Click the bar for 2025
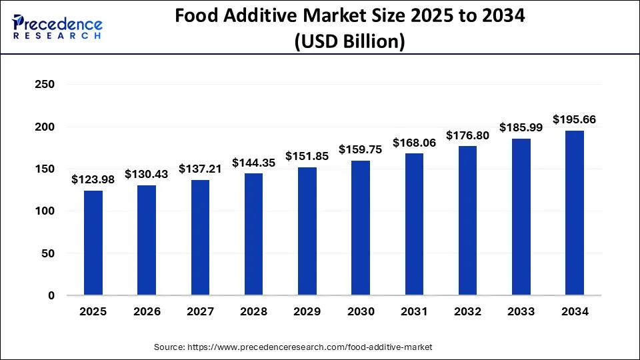(x=93, y=243)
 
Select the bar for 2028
(x=253, y=234)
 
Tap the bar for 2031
(x=414, y=224)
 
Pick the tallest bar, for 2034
(x=574, y=213)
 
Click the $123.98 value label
(x=93, y=180)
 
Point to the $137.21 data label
(x=200, y=169)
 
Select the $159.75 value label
(x=361, y=149)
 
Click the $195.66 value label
(x=574, y=119)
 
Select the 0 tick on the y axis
(x=51, y=295)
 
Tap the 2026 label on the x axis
(x=147, y=311)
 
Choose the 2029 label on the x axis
(x=307, y=311)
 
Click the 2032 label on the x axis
(x=467, y=311)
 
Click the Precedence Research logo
(x=57, y=27)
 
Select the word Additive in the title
(x=261, y=17)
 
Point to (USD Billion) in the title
(x=349, y=41)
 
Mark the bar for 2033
(x=521, y=217)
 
